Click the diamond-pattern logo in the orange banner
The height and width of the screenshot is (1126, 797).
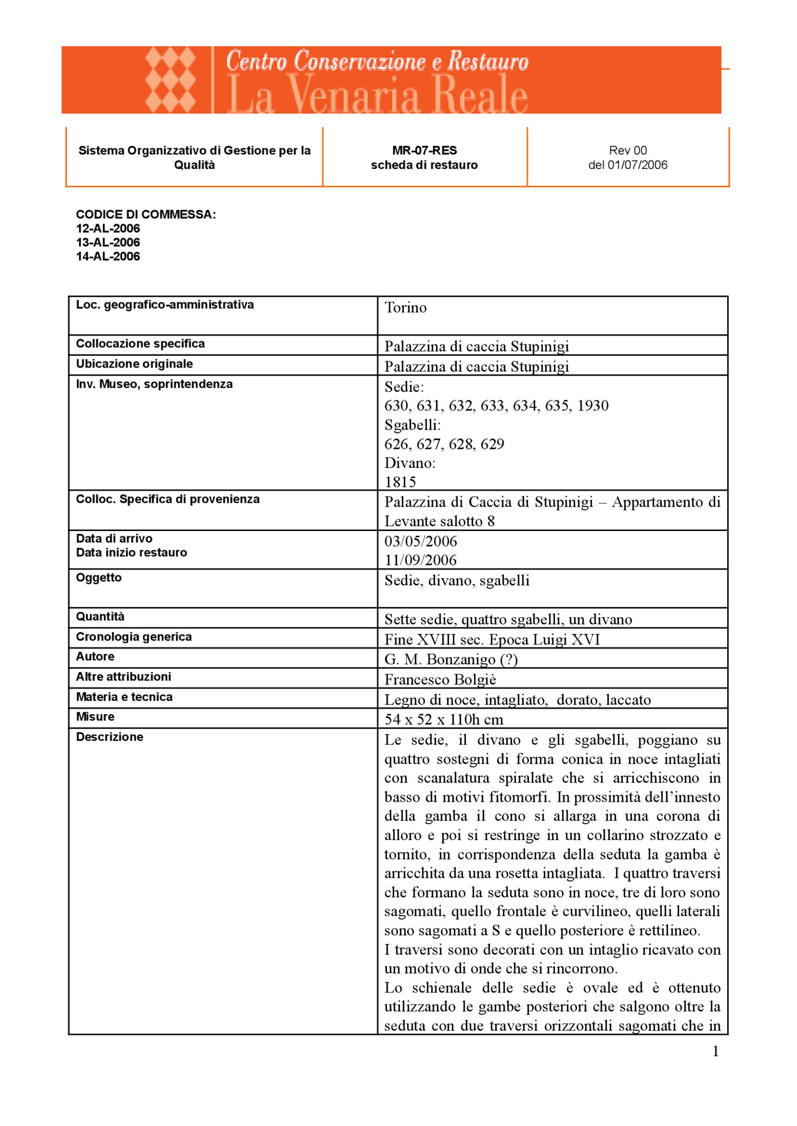point(170,80)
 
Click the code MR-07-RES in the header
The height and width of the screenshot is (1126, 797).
point(424,150)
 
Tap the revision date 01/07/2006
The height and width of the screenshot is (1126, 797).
point(637,165)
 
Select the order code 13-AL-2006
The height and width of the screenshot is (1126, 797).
point(108,243)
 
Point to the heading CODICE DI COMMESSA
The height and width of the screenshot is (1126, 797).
point(146,215)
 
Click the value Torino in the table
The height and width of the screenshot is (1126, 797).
point(406,308)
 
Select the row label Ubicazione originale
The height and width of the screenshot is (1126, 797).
point(135,364)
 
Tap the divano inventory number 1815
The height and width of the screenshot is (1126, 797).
point(400,482)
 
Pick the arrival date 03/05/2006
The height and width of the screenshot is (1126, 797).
point(421,542)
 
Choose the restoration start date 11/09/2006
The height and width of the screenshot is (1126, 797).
point(421,560)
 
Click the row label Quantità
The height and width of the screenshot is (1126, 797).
point(100,617)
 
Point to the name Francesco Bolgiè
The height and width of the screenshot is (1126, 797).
point(440,680)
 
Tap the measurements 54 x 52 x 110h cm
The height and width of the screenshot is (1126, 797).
point(444,720)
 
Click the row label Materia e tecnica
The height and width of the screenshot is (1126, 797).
point(124,697)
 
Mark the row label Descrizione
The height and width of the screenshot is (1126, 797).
point(110,737)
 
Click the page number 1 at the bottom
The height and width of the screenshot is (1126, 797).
point(715,1051)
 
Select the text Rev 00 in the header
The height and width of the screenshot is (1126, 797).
point(627,150)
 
